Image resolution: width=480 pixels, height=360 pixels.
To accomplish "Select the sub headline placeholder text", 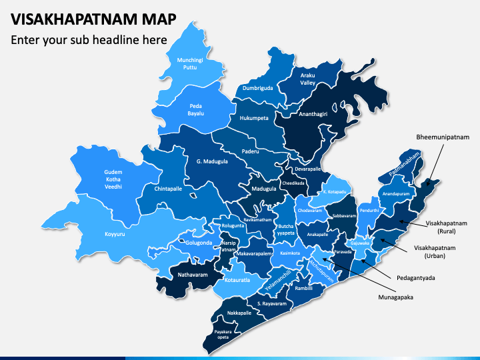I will coord(88,40).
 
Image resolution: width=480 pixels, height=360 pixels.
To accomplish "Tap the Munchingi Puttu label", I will coord(187,64).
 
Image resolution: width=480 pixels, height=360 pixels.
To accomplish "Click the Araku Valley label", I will coord(307,79).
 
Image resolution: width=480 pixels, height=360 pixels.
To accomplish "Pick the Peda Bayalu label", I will coord(195,109).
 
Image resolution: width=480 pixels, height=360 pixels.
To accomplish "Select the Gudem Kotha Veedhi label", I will coord(113,179).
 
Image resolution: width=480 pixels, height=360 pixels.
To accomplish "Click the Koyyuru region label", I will coord(115,234).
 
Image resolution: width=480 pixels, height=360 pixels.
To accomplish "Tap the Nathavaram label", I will coord(193,274).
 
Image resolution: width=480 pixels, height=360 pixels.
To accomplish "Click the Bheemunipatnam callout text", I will coord(443,137).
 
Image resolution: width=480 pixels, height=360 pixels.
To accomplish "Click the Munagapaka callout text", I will coord(394,297).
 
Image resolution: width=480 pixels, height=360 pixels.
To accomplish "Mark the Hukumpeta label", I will coord(253,118).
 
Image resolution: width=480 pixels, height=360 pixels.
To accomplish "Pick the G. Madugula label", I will coord(212,161).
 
